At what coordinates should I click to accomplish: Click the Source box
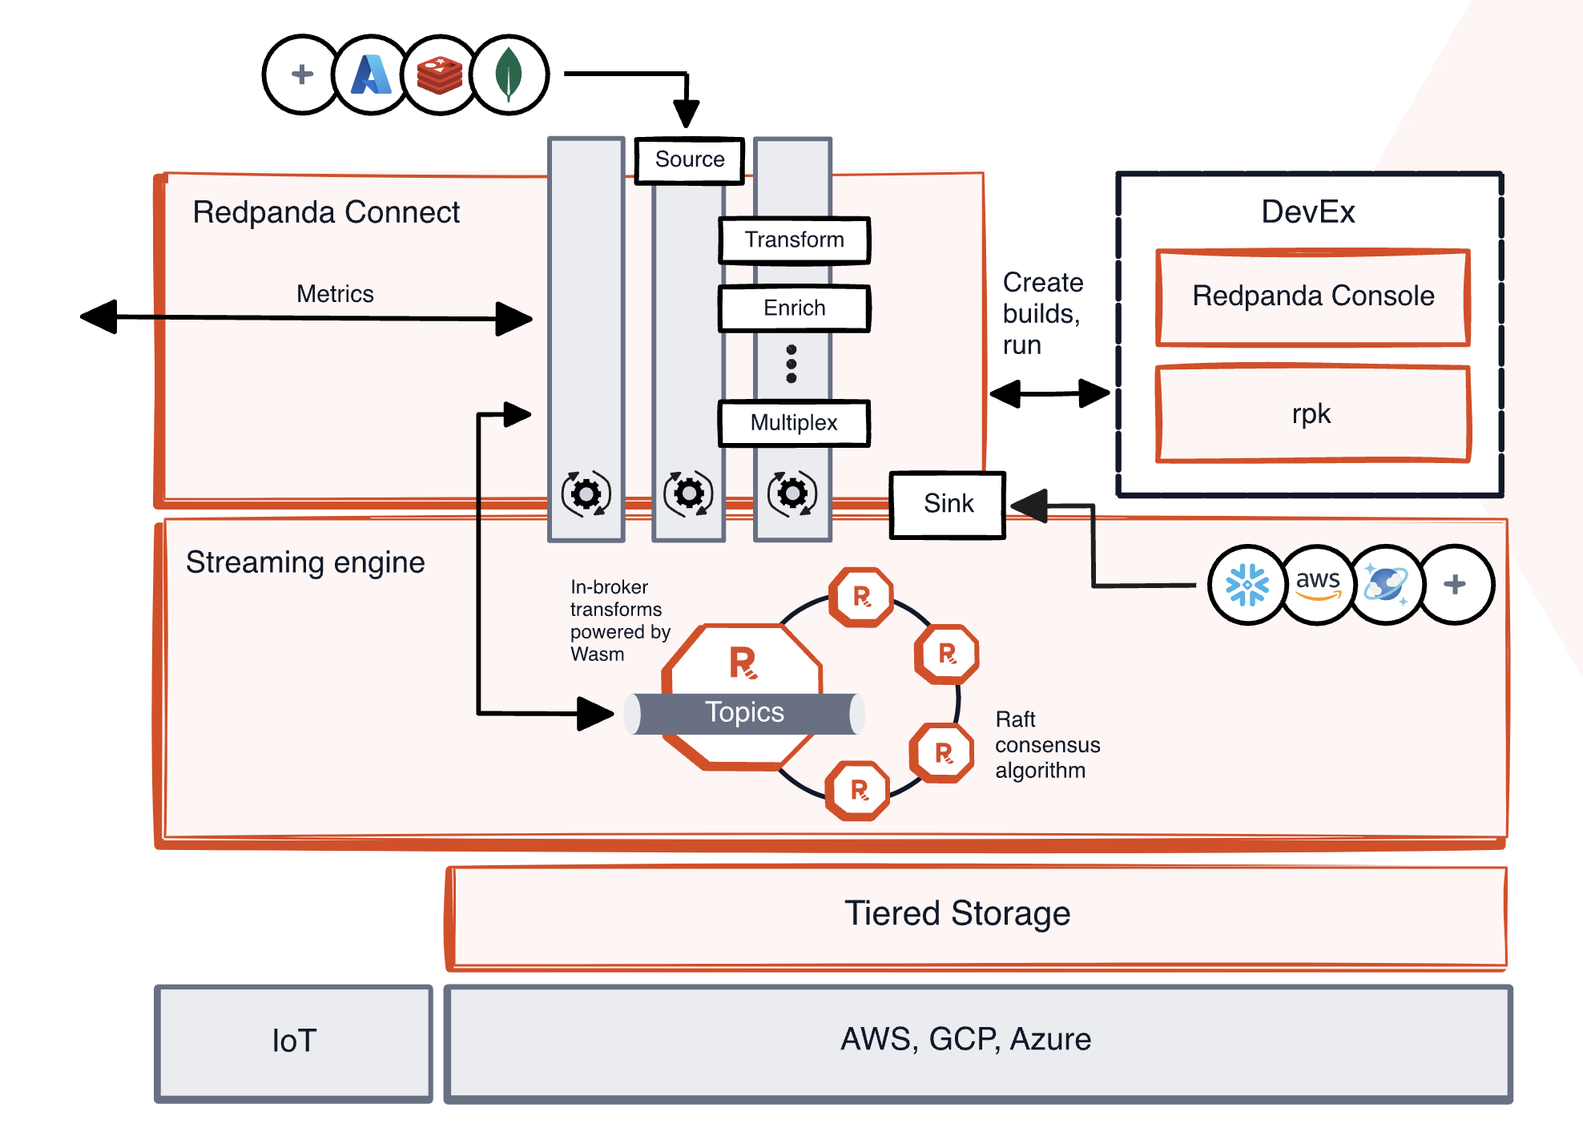tap(689, 160)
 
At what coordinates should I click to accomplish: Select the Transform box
tap(794, 240)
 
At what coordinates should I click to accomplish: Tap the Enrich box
tap(794, 308)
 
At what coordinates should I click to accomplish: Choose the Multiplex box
tap(794, 423)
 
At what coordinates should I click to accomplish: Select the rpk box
tap(1313, 414)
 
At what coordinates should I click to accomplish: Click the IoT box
tap(294, 1042)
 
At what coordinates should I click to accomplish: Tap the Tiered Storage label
tap(957, 914)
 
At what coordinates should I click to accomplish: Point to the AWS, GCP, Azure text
tap(965, 1040)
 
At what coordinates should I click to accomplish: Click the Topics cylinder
tap(744, 713)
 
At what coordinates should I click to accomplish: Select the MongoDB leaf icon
tap(510, 75)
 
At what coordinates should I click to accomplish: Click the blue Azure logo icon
tap(371, 75)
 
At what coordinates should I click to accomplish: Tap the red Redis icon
tap(440, 75)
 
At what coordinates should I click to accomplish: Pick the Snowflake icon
tap(1247, 585)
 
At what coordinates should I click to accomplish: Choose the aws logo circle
tap(1318, 585)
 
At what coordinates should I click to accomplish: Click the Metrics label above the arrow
tap(335, 294)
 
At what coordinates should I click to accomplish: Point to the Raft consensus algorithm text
tap(1047, 745)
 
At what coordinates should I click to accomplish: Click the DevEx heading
tap(1308, 212)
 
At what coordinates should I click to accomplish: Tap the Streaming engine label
tap(305, 562)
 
